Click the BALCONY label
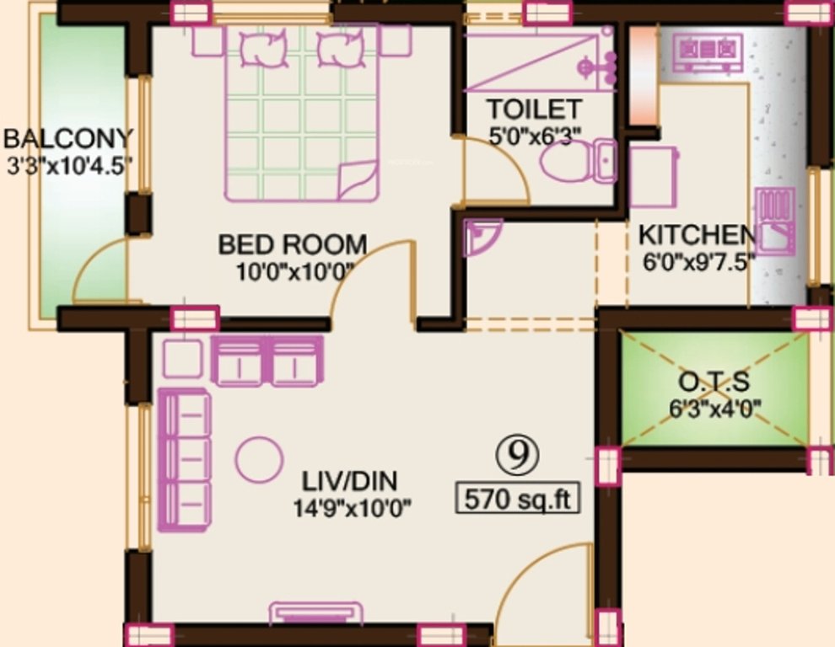68,137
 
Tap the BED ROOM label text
293,244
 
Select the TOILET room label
533,110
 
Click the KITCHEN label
696,234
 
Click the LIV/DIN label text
349,482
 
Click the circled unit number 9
517,455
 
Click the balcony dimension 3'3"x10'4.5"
69,165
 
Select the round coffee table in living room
259,459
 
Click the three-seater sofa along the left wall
184,461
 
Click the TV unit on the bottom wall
316,612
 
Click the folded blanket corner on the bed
357,179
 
